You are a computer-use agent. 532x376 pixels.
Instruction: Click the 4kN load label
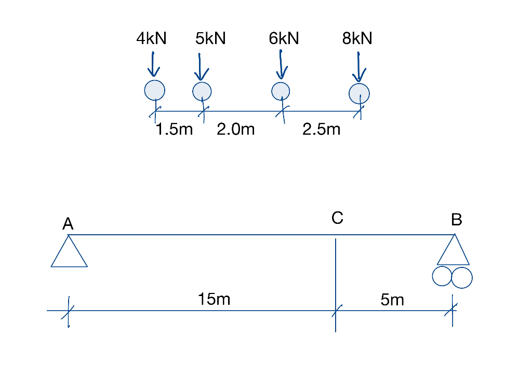(x=151, y=38)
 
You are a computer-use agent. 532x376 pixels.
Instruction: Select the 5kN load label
(x=210, y=38)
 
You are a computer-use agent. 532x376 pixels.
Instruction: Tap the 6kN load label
(x=284, y=38)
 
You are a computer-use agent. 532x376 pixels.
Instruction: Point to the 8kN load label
(x=357, y=38)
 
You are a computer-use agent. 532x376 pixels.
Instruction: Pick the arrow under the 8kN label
(x=359, y=66)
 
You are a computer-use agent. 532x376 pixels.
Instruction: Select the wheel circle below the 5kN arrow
(x=202, y=91)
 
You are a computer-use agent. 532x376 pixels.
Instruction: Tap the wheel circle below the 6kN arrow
(x=281, y=90)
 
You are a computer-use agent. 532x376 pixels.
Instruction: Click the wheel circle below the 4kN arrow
(x=154, y=90)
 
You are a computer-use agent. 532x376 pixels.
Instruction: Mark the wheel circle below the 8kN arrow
(x=359, y=93)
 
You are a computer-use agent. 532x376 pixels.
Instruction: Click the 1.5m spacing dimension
(x=174, y=129)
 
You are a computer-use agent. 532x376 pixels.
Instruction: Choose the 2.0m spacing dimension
(x=236, y=129)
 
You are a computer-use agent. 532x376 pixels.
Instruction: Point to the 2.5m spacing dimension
(x=321, y=129)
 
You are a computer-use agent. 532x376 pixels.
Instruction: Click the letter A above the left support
(x=68, y=224)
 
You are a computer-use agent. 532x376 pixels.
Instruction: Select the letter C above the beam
(x=337, y=218)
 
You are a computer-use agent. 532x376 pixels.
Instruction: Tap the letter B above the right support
(x=457, y=220)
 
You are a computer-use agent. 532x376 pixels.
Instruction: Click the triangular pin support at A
(x=69, y=252)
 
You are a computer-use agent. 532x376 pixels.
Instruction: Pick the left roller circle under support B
(x=442, y=277)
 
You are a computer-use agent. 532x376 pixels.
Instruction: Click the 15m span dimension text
(x=214, y=299)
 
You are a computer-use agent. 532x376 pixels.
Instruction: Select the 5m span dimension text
(x=392, y=300)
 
